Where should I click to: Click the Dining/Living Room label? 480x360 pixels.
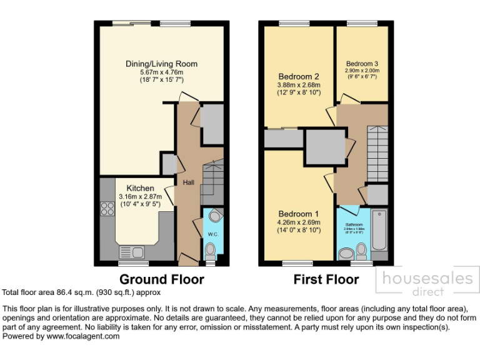pyautogui.click(x=161, y=64)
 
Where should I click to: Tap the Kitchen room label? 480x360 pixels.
pyautogui.click(x=141, y=188)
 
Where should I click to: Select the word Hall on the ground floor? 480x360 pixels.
pyautogui.click(x=187, y=182)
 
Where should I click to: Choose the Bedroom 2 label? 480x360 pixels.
pyautogui.click(x=298, y=77)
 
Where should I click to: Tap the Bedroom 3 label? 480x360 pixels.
pyautogui.click(x=362, y=64)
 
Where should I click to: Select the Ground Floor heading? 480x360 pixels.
pyautogui.click(x=161, y=279)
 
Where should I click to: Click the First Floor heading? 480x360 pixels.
pyautogui.click(x=326, y=279)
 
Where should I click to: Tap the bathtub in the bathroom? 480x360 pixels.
pyautogui.click(x=379, y=232)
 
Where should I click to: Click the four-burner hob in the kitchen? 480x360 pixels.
pyautogui.click(x=107, y=208)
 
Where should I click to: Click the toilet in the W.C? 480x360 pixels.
pyautogui.click(x=211, y=251)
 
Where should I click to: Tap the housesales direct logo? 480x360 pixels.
pyautogui.click(x=428, y=281)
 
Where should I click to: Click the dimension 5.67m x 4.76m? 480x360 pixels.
pyautogui.click(x=161, y=72)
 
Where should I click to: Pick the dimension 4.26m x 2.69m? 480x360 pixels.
pyautogui.click(x=298, y=222)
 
